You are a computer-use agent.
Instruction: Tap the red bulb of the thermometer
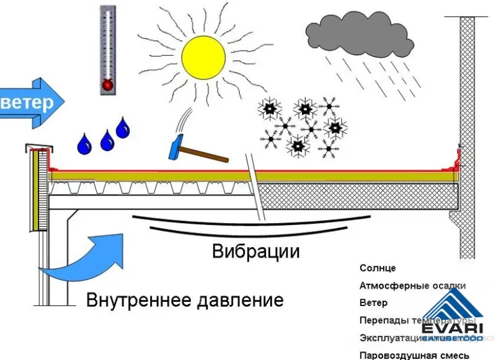tap(108, 84)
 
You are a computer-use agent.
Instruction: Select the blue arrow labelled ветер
tap(31, 102)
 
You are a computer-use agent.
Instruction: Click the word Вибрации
tap(255, 252)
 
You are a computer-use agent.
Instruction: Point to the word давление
tap(241, 301)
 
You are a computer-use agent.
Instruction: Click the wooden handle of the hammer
tap(208, 154)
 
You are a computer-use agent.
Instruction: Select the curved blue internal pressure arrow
tap(87, 257)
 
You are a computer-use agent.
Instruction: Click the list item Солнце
tap(377, 268)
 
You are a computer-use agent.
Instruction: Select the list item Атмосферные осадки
tap(412, 286)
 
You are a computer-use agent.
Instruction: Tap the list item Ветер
tap(373, 303)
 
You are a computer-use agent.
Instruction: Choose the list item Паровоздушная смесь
tap(411, 355)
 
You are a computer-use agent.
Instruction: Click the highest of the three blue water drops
tap(123, 127)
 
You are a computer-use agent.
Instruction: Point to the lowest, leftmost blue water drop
tap(84, 144)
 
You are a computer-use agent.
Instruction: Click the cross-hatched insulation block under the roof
tap(356, 197)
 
